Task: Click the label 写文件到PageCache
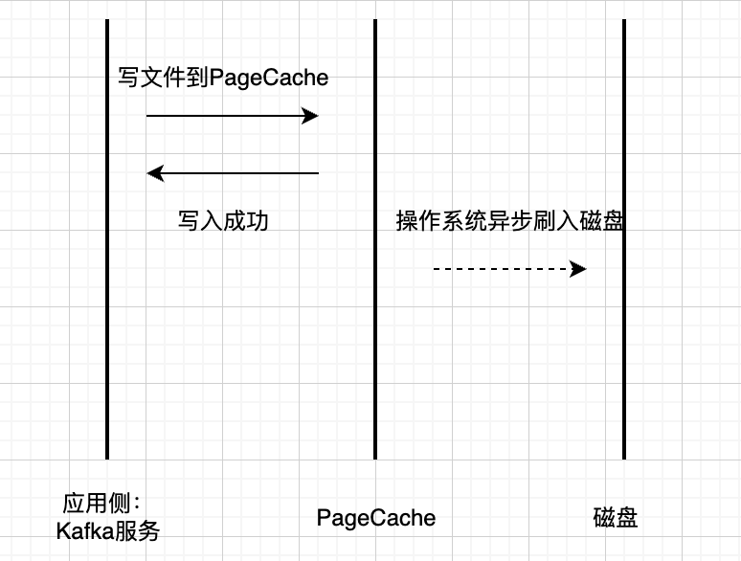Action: coord(223,78)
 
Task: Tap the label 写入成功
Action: coord(223,221)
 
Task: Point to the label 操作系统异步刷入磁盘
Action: coord(510,221)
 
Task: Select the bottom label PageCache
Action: coord(376,518)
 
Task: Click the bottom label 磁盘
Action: coord(616,518)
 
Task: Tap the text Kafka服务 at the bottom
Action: coord(107,530)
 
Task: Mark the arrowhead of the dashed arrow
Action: coord(578,269)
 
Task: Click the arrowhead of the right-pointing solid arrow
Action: coord(310,116)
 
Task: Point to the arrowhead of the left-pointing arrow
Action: coord(154,173)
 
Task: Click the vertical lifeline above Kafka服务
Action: coord(107,335)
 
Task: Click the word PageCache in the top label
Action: coord(275,78)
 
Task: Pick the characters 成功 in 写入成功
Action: coord(246,221)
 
